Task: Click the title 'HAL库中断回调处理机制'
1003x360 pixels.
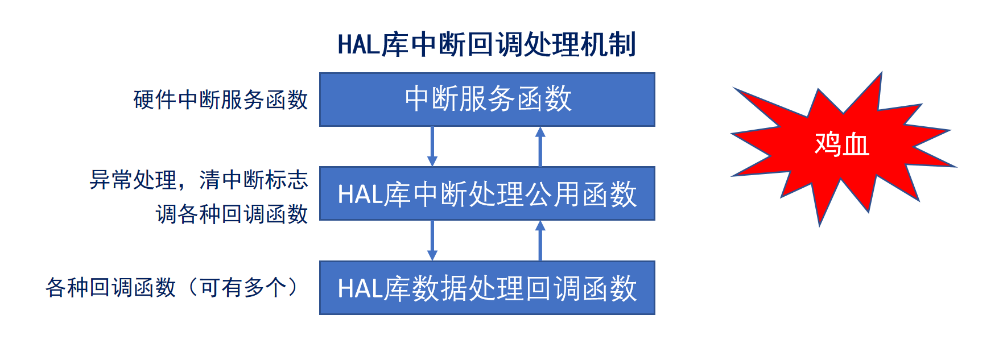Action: [x=486, y=44]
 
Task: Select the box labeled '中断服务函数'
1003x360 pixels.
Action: [x=487, y=100]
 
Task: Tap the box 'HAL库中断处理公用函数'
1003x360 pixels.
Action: [x=487, y=193]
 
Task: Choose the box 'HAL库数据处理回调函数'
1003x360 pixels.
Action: [x=487, y=288]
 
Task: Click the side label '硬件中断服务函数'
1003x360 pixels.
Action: [x=221, y=100]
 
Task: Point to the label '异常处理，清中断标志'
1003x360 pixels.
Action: [x=199, y=180]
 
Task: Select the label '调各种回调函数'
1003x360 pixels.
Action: [x=232, y=214]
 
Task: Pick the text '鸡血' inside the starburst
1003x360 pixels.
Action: [x=841, y=143]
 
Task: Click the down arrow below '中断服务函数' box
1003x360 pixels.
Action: [x=432, y=146]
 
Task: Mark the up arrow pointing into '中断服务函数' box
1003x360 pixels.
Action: [x=540, y=146]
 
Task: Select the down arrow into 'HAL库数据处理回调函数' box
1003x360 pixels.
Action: [x=432, y=241]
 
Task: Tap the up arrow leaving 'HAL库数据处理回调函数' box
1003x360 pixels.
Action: [x=540, y=241]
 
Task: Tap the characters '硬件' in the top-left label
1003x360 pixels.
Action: [x=155, y=100]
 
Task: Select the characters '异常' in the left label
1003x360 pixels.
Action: [x=111, y=180]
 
